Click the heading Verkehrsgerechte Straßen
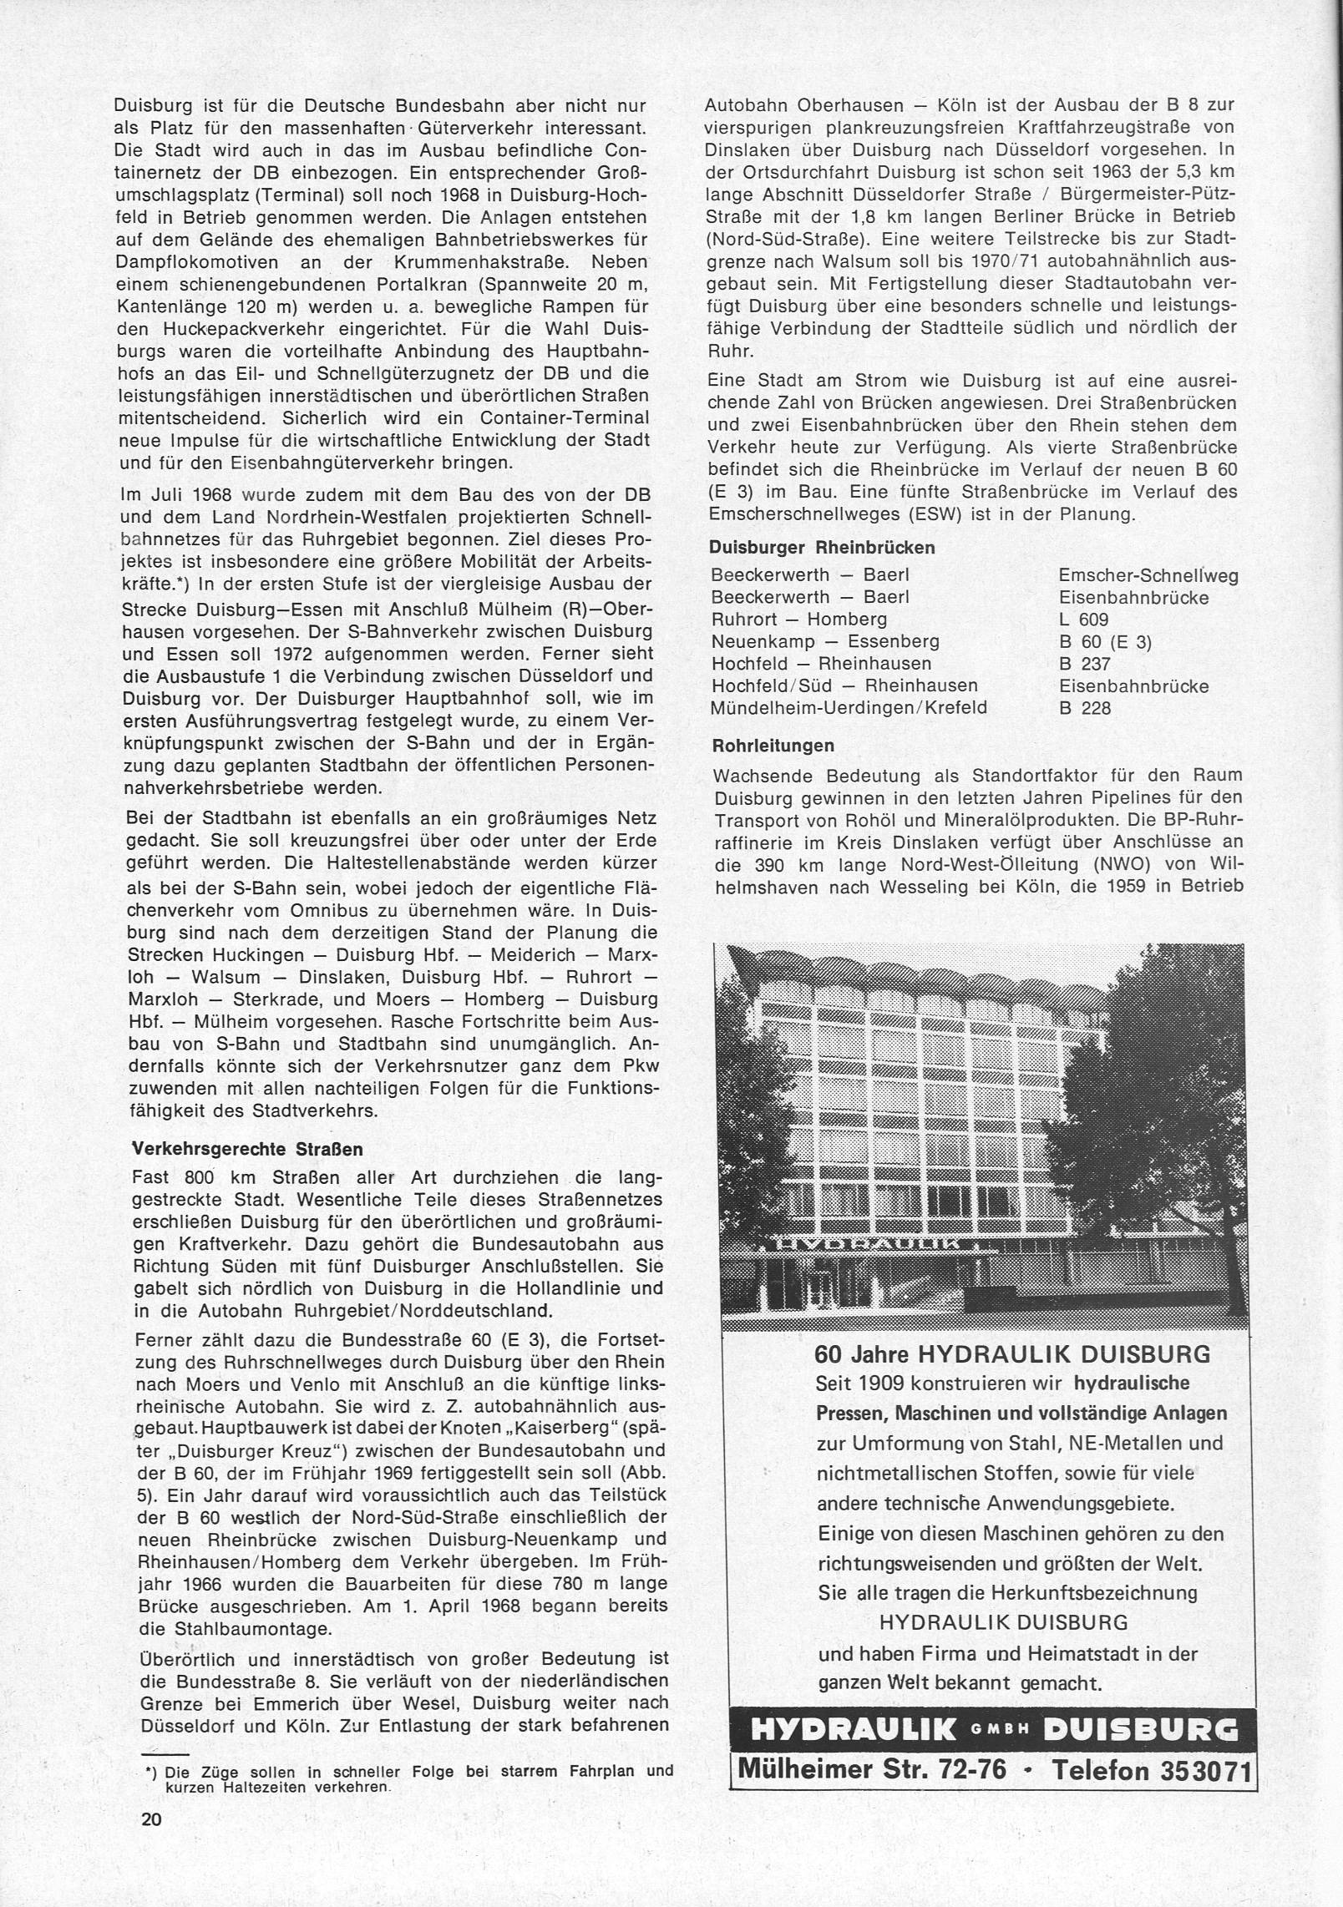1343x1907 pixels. click(x=248, y=1149)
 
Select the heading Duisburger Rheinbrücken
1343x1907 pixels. click(x=822, y=549)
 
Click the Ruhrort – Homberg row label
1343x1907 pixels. click(x=798, y=620)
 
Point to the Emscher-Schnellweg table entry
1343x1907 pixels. click(x=1148, y=575)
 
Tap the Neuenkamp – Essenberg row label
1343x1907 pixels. click(x=825, y=642)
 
